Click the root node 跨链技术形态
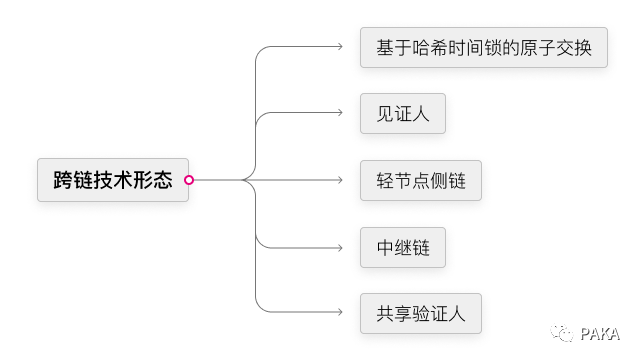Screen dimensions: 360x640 pyautogui.click(x=113, y=180)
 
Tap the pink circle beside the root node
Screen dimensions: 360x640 pyautogui.click(x=189, y=180)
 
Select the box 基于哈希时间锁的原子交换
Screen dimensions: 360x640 pyautogui.click(x=484, y=47)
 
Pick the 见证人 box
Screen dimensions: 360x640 pyautogui.click(x=403, y=114)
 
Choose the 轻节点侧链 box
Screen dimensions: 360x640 pyautogui.click(x=421, y=180)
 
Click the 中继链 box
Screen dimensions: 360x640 pyautogui.click(x=403, y=247)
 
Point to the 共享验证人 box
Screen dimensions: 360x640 pyautogui.click(x=421, y=313)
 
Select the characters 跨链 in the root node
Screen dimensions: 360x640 pyautogui.click(x=73, y=180)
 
